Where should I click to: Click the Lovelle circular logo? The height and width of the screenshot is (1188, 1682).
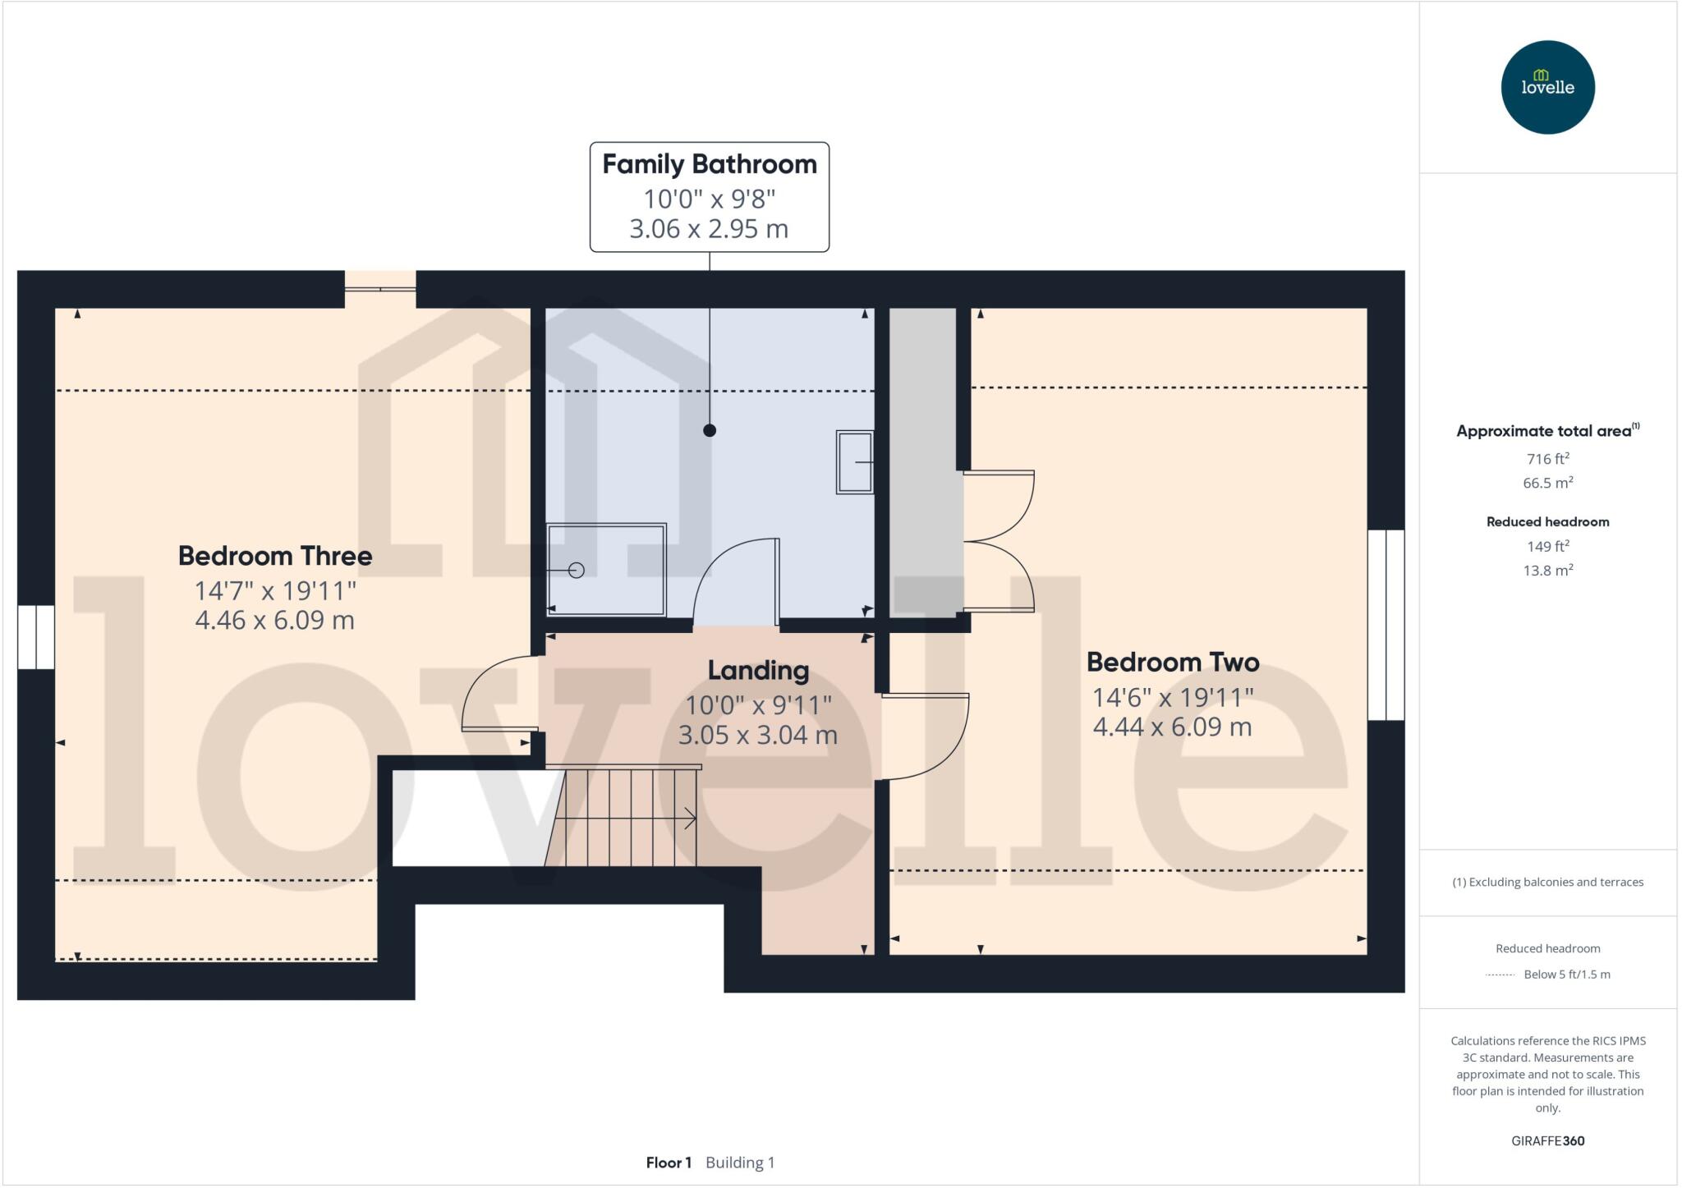tap(1547, 87)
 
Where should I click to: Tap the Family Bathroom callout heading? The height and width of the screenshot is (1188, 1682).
tap(710, 164)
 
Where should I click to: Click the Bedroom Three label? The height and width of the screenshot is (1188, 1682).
tap(275, 556)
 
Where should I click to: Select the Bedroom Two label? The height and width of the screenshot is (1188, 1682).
tap(1172, 662)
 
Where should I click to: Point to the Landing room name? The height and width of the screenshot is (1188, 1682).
tap(758, 670)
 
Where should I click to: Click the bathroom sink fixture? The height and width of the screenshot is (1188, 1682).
tap(855, 462)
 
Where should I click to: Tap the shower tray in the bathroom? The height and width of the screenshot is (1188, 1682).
tap(606, 569)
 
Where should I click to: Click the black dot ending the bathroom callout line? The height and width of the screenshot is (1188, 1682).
tap(710, 430)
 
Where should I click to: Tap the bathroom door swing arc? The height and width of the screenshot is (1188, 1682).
tap(733, 579)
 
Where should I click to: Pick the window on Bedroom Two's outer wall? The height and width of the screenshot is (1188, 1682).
tap(1386, 625)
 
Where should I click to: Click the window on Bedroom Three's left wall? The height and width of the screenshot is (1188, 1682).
tap(36, 637)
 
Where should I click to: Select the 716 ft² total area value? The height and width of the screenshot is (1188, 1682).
tap(1547, 459)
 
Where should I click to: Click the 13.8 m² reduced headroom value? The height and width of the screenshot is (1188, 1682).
tap(1547, 570)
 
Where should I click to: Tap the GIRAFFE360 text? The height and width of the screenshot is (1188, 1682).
tap(1547, 1140)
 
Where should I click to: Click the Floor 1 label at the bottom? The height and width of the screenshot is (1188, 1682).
tap(669, 1163)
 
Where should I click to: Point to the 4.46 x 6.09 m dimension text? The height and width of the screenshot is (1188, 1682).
tap(275, 620)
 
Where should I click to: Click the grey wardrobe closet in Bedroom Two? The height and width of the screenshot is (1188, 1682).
tap(924, 460)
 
